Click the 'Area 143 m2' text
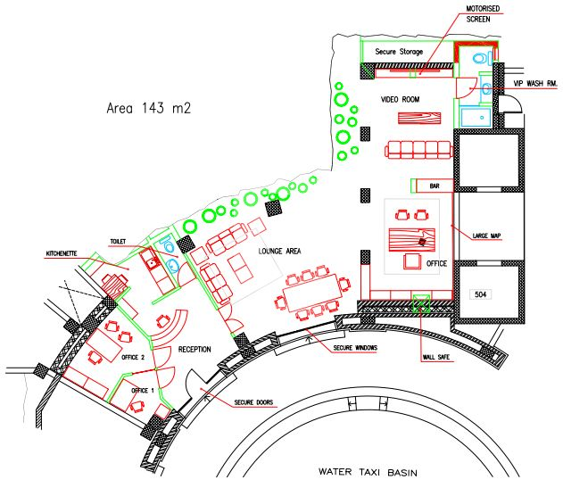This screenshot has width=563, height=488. pos(149,108)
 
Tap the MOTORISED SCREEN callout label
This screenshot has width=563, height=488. pos(483,13)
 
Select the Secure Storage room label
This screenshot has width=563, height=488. pos(399,52)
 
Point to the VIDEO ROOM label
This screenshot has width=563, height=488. pos(400,99)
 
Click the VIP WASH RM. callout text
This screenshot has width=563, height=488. pos(535,83)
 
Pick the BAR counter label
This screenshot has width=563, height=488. pos(435,186)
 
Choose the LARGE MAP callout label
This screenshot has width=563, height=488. pos(486,236)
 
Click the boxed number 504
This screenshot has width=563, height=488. pos(480,294)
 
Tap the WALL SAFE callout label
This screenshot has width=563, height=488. pos(436,357)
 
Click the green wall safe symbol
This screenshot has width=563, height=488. pos(421,303)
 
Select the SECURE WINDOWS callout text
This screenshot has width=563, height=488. pos(355,348)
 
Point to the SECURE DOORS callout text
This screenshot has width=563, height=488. pos(253,402)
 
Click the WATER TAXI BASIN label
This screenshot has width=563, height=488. pos(368,472)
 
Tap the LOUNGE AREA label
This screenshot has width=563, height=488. pos(279,251)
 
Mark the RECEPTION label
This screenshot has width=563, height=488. pos(195,349)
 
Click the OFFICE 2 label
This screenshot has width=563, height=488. pos(133,357)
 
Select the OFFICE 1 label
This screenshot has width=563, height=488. pos(143,391)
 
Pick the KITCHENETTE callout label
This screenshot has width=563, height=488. pos(62,253)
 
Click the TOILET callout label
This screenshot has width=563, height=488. pos(118,241)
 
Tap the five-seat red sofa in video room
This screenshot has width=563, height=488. pos(418,149)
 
